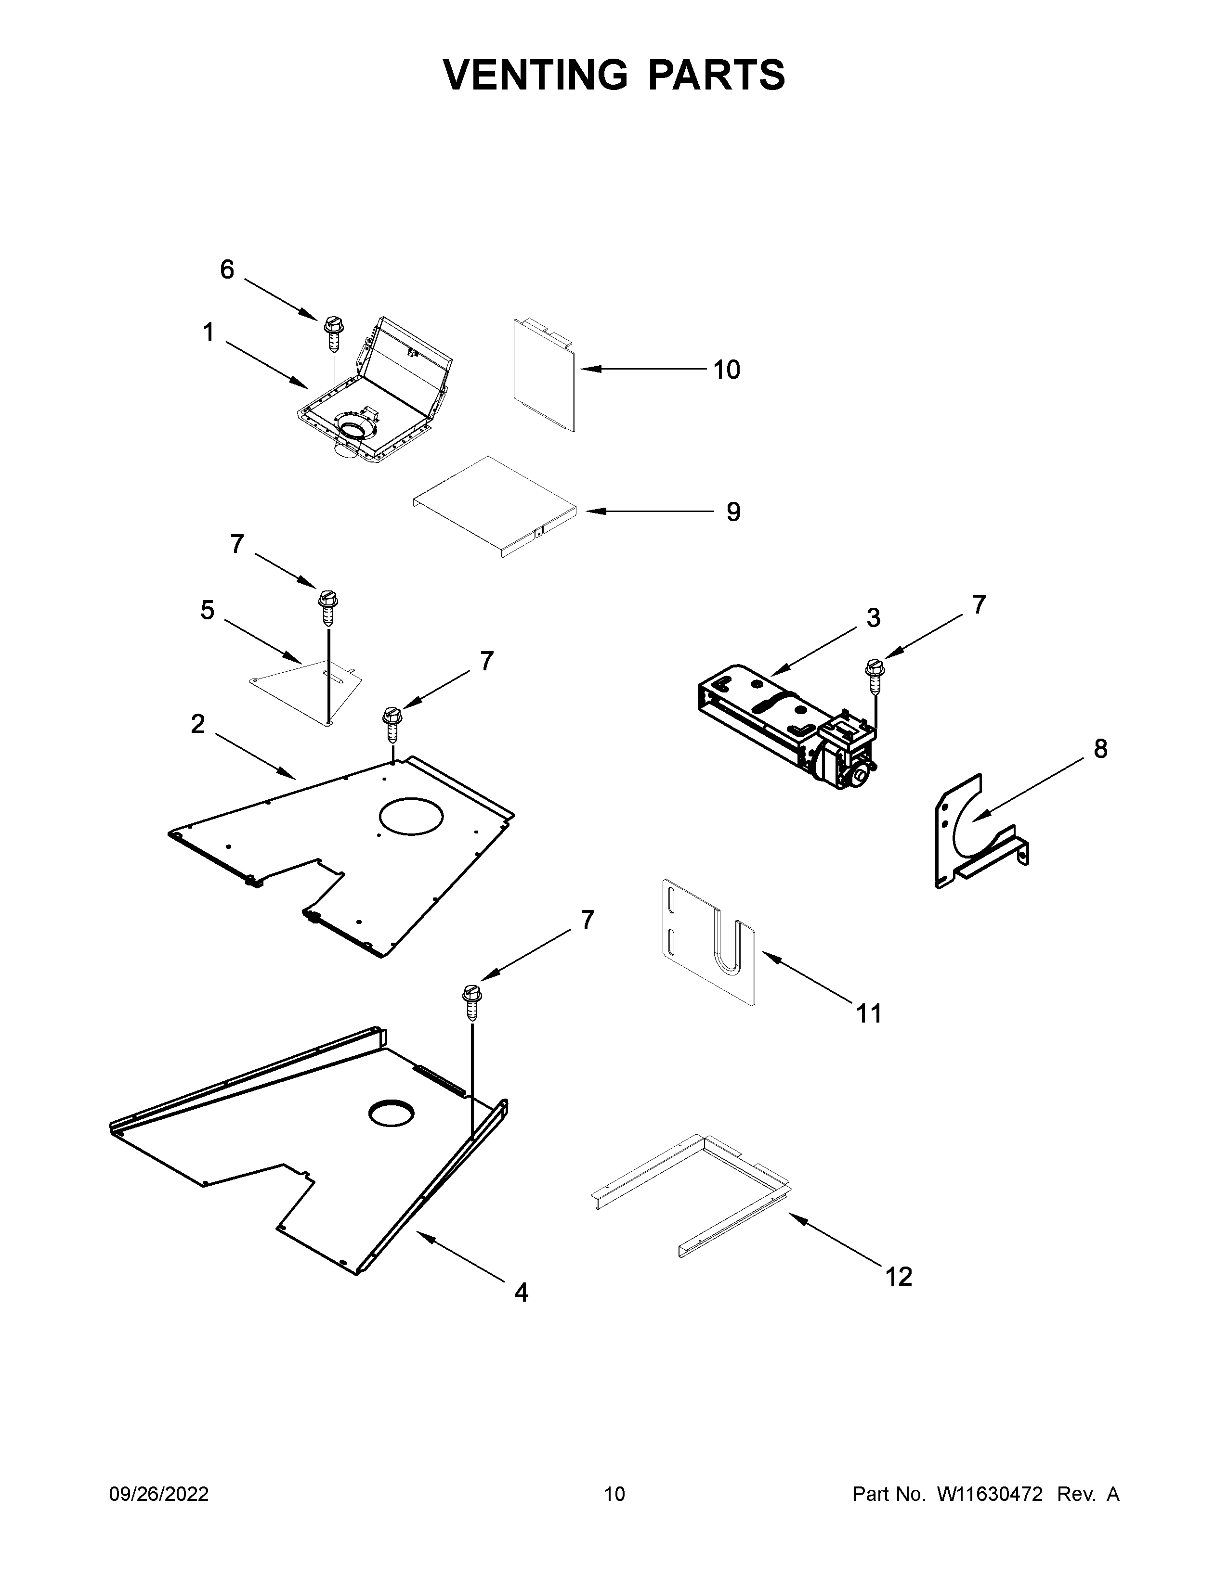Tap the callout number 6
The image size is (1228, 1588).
(x=227, y=270)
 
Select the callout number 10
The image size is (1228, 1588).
(x=726, y=370)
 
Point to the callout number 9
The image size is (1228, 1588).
(x=733, y=512)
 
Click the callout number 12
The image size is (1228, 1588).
(x=899, y=1276)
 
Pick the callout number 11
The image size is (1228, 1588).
(x=869, y=1013)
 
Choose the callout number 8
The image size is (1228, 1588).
(x=1100, y=748)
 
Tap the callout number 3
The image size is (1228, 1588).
(x=873, y=617)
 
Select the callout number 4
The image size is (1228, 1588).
(x=521, y=1292)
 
